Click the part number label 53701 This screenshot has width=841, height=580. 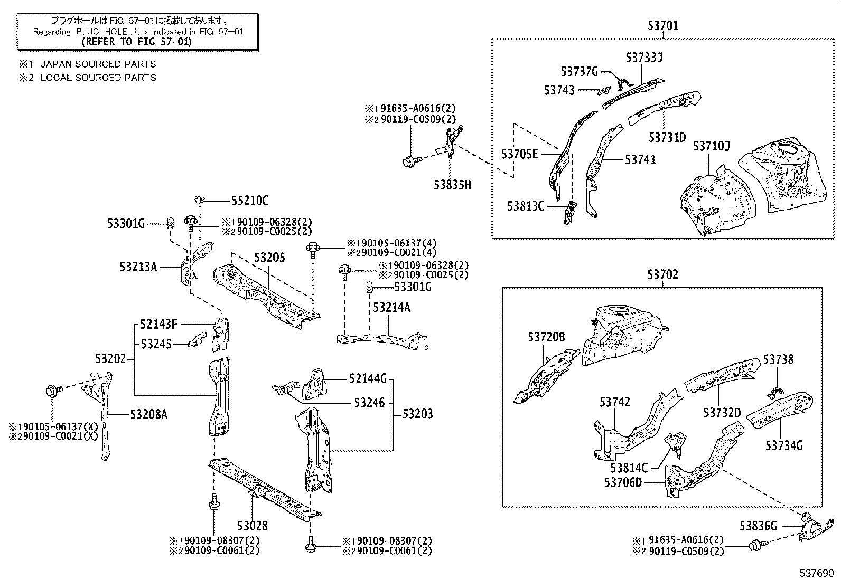[662, 25]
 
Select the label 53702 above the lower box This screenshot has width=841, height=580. [662, 274]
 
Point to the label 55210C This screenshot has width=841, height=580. [250, 201]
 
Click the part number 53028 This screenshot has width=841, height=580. [252, 526]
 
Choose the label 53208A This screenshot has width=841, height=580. [148, 414]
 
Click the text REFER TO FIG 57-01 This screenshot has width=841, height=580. [138, 41]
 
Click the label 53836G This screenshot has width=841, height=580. [758, 526]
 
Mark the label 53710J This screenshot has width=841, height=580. [711, 146]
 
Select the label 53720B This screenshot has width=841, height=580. [546, 337]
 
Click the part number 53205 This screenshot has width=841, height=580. [269, 258]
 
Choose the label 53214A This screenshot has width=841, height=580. [391, 307]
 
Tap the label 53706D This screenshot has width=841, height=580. [623, 482]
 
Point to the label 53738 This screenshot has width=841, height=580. [778, 359]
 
